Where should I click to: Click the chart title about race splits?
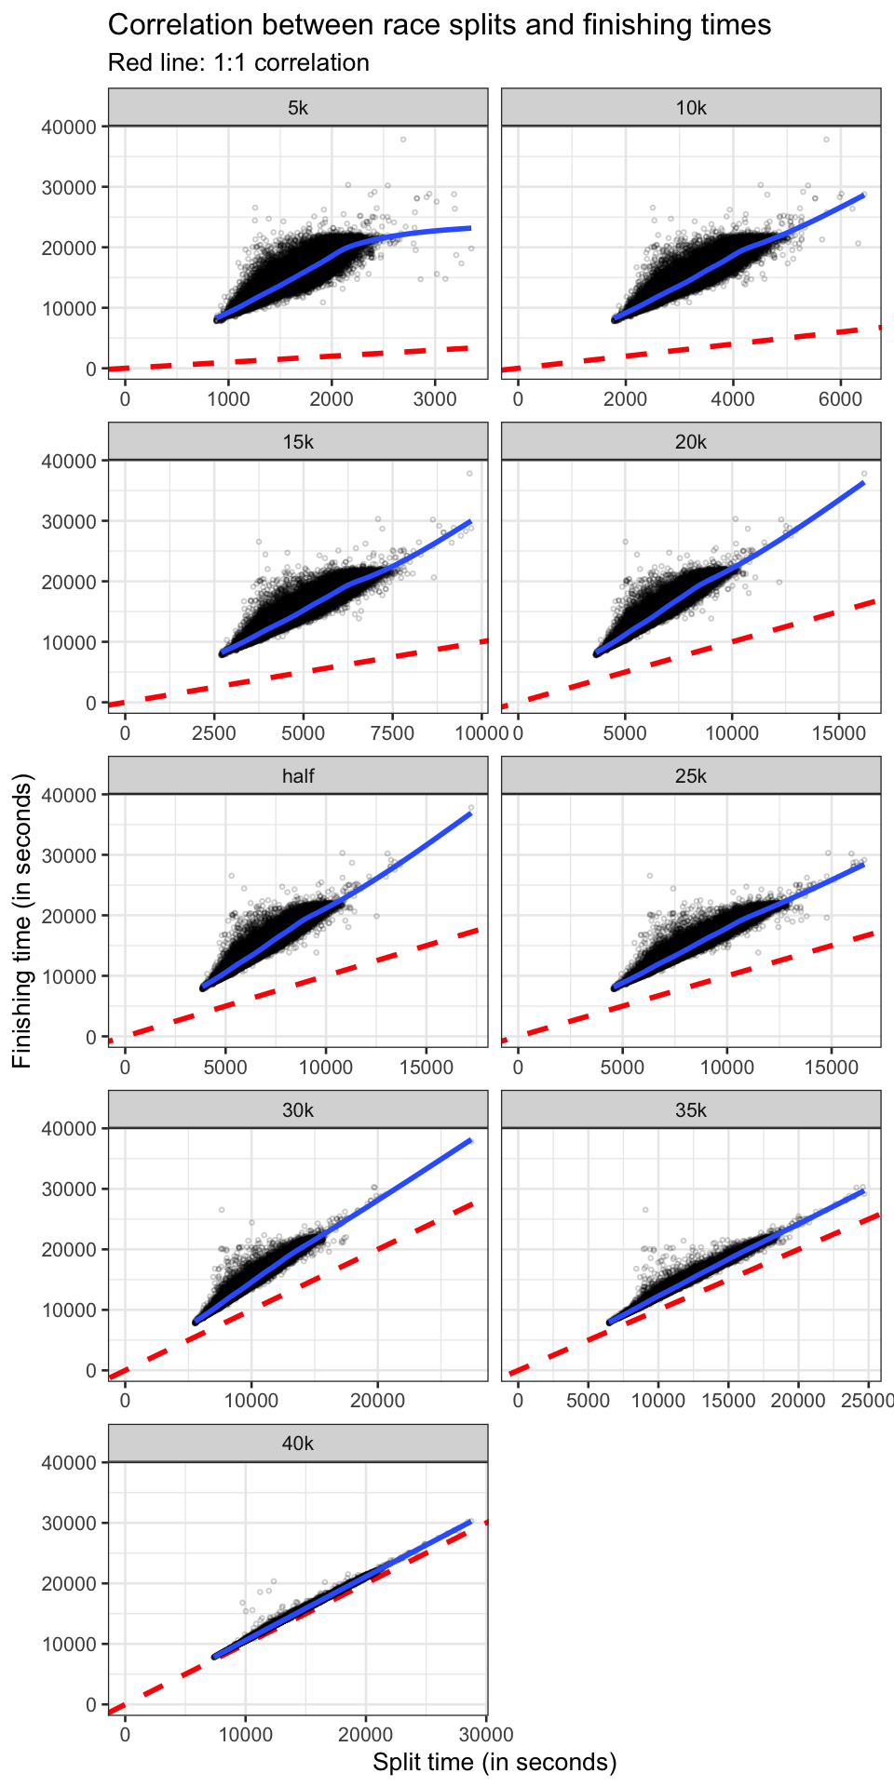pos(440,25)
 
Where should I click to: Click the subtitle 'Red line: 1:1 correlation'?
pos(238,63)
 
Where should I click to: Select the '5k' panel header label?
pos(298,108)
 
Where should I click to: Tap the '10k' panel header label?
pos(691,108)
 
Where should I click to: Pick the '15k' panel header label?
pos(298,442)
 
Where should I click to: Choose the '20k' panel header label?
pos(691,442)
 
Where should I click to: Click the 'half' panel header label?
pos(298,776)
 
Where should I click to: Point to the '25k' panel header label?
pos(691,776)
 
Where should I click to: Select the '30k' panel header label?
pos(298,1110)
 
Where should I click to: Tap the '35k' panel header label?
pos(691,1110)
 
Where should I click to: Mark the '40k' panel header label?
pos(298,1444)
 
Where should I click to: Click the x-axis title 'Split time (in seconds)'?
pos(494,1763)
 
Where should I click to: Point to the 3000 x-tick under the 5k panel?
pos(435,399)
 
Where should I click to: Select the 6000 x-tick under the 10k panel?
pos(840,399)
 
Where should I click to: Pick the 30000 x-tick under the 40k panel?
pos(486,1735)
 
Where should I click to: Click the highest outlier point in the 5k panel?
pos(403,140)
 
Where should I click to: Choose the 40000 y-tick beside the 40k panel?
pos(70,1462)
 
